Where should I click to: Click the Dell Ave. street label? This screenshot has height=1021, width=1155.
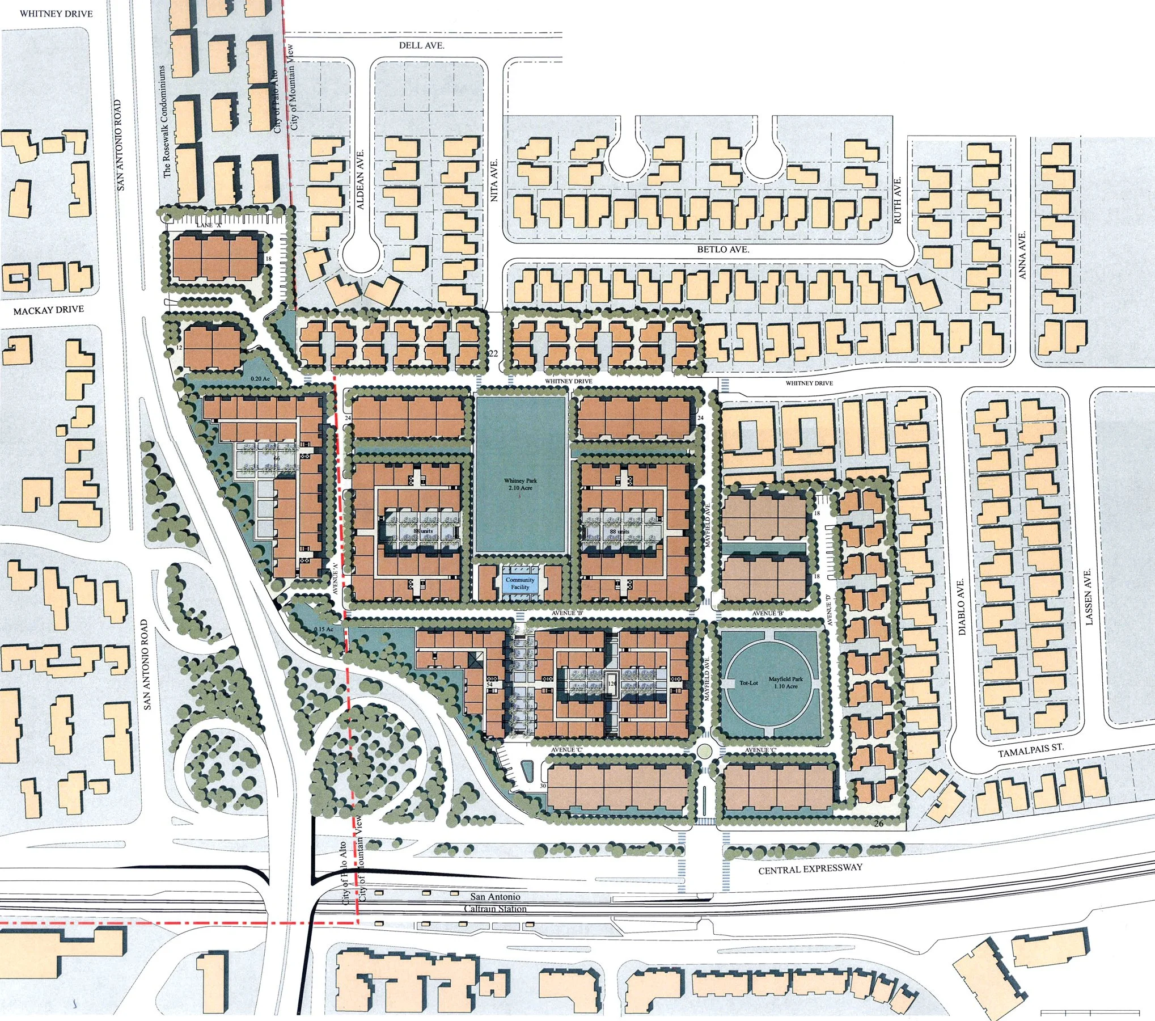coord(421,45)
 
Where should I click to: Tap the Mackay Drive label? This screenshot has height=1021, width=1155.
coord(49,310)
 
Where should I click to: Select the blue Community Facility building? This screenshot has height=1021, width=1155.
coord(520,583)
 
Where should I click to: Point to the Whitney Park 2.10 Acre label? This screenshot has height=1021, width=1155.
coord(520,484)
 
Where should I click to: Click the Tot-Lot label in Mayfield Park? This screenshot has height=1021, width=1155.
coord(748,682)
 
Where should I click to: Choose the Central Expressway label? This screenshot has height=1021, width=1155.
coord(810,868)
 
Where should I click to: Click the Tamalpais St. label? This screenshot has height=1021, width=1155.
coord(1030,750)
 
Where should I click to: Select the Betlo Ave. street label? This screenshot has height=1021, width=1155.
coord(723,250)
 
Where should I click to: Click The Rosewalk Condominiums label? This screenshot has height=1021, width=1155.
coord(167,121)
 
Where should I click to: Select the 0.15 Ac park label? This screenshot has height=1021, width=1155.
coord(323,630)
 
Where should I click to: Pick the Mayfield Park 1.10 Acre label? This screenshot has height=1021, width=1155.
coord(785,682)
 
